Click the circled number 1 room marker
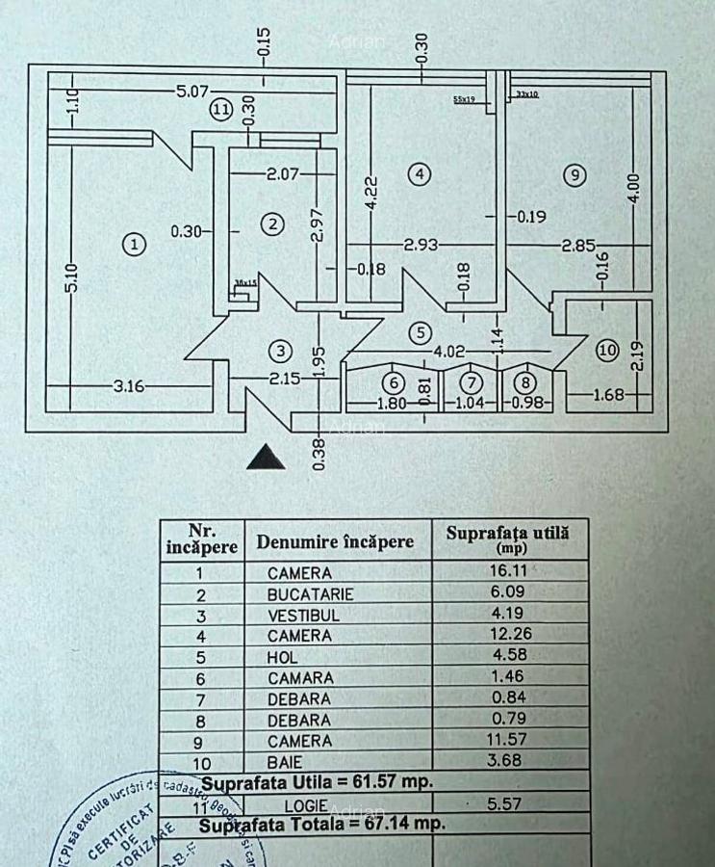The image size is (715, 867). click(135, 245)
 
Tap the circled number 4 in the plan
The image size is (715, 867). click(419, 174)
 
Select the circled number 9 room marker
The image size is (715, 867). click(574, 175)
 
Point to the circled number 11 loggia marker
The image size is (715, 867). click(222, 110)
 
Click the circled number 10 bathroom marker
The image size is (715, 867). click(605, 351)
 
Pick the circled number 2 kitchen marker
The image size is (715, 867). click(273, 223)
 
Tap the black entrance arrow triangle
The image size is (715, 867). click(267, 457)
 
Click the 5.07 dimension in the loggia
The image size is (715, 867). click(192, 92)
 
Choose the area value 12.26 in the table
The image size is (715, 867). click(510, 635)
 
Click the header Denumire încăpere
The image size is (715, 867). click(335, 541)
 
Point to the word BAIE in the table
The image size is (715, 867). click(285, 762)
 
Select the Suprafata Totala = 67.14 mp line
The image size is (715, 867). click(321, 824)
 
